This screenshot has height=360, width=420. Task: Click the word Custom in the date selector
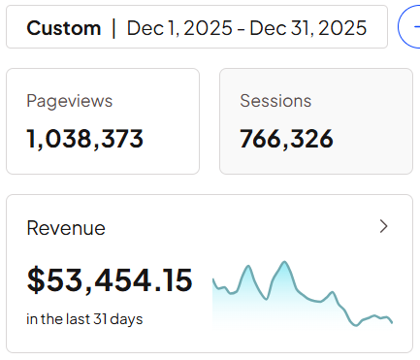64,28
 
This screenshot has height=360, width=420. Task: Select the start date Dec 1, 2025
181,28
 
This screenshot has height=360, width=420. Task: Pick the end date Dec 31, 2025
308,28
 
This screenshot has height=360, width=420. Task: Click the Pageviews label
70,101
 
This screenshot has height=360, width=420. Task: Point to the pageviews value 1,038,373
85,139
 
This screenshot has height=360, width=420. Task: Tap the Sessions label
275,101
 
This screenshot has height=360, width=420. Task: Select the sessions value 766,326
286,139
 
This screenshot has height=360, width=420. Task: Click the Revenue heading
66,228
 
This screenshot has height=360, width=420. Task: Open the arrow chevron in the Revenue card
383,226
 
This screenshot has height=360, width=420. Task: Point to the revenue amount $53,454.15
110,280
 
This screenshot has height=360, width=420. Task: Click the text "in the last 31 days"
84,318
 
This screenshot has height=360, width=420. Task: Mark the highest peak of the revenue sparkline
284,262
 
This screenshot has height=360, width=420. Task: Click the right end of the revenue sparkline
392,322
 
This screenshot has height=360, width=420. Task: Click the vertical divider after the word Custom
113,28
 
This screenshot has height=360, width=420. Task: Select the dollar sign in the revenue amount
36,280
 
